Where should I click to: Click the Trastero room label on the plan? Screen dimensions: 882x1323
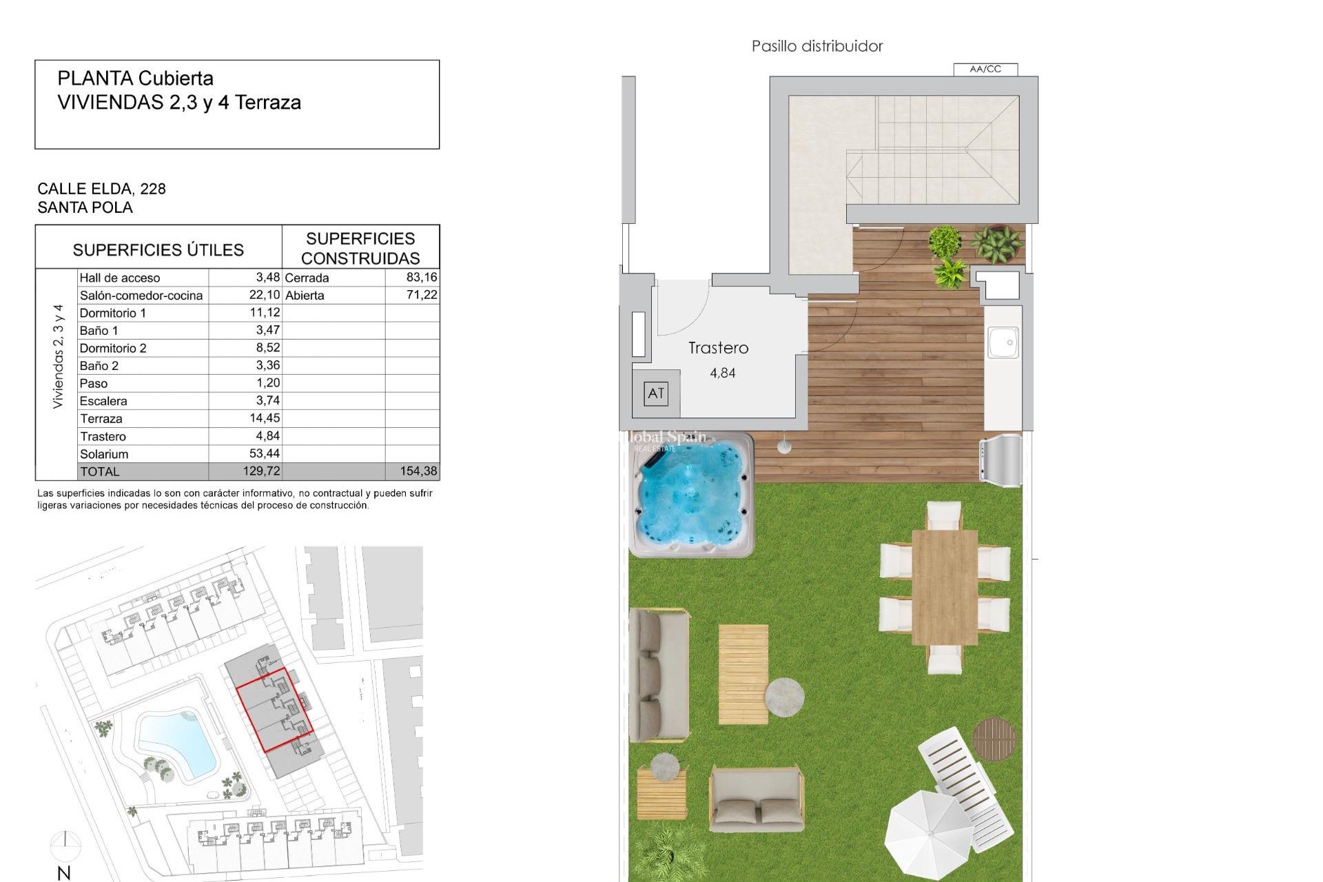(x=718, y=348)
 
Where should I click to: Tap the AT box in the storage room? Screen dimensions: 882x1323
(x=655, y=393)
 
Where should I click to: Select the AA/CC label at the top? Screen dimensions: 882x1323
(x=985, y=69)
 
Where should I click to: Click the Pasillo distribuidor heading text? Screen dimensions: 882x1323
(x=817, y=46)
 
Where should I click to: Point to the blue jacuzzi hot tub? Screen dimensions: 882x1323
(x=692, y=495)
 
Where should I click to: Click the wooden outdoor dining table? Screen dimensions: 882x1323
(x=944, y=586)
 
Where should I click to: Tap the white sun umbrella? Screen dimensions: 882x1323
(x=929, y=834)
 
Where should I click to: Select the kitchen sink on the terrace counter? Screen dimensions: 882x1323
(x=1003, y=342)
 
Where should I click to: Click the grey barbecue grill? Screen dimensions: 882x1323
(x=1001, y=457)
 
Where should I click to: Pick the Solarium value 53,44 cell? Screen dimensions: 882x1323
(x=264, y=453)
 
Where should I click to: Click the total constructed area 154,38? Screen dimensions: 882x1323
(x=418, y=471)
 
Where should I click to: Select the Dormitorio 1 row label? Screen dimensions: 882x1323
(x=113, y=313)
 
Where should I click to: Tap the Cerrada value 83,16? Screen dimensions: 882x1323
(x=422, y=277)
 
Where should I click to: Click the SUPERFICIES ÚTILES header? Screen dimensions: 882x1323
(x=158, y=249)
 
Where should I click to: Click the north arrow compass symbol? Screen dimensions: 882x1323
(x=65, y=843)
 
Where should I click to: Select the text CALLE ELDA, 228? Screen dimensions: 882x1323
(x=101, y=189)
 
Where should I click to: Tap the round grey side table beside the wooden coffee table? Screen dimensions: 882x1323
(x=784, y=697)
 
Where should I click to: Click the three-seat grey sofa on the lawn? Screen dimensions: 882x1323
(x=659, y=675)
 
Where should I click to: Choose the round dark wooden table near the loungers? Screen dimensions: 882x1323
(x=994, y=739)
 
